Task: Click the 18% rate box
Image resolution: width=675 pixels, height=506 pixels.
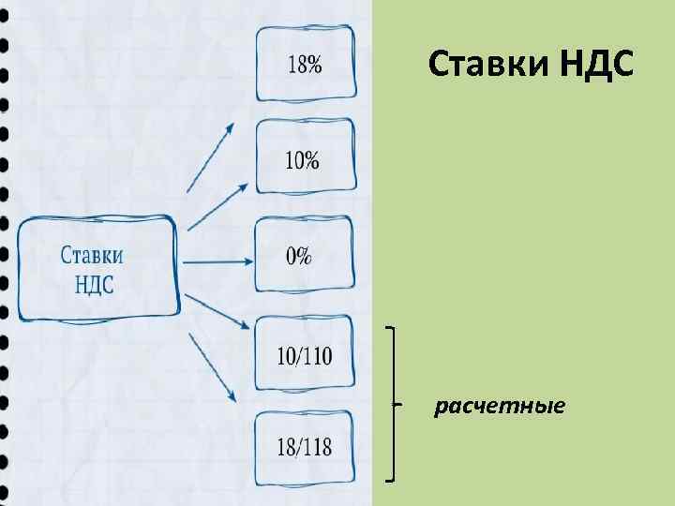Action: (x=305, y=64)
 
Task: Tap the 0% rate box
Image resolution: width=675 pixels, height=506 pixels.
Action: (x=305, y=255)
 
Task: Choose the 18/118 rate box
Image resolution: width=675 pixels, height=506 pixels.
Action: (x=305, y=447)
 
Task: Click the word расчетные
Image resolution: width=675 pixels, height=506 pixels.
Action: (x=499, y=406)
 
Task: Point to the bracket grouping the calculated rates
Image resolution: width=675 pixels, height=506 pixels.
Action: (x=391, y=403)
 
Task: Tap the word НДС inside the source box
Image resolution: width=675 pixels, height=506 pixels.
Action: (x=94, y=283)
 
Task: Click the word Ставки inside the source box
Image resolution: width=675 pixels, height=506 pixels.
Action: (x=93, y=255)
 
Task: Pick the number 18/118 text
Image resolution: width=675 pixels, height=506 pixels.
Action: (x=305, y=447)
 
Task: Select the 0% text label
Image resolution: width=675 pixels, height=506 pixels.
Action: (x=300, y=256)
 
